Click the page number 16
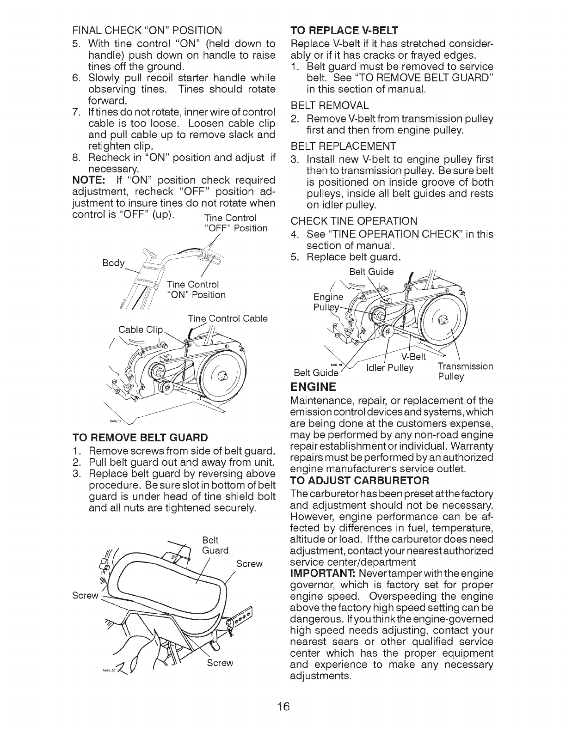[283, 707]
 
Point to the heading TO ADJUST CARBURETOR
[359, 480]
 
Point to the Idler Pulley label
[389, 368]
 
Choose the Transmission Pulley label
[465, 371]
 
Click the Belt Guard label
[215, 545]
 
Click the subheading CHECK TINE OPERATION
[354, 220]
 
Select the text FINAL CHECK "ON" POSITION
[147, 31]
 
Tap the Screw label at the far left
[86, 595]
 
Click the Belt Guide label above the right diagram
[371, 272]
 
